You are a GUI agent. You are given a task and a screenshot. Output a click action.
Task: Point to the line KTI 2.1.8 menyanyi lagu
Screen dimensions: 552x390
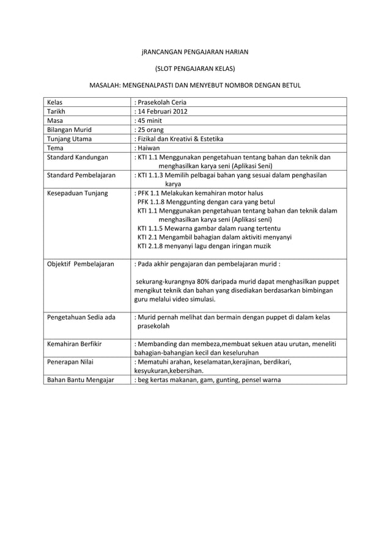(195, 246)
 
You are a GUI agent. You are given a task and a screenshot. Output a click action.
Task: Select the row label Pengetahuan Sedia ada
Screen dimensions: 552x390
(81, 317)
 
